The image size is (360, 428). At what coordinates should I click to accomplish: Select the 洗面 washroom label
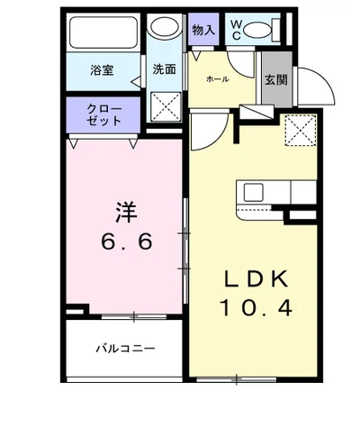(165, 69)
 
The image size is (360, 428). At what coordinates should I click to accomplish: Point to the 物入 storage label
(204, 29)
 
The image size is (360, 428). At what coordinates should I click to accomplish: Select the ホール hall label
(218, 79)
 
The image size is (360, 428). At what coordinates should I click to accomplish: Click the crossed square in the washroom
(166, 110)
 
